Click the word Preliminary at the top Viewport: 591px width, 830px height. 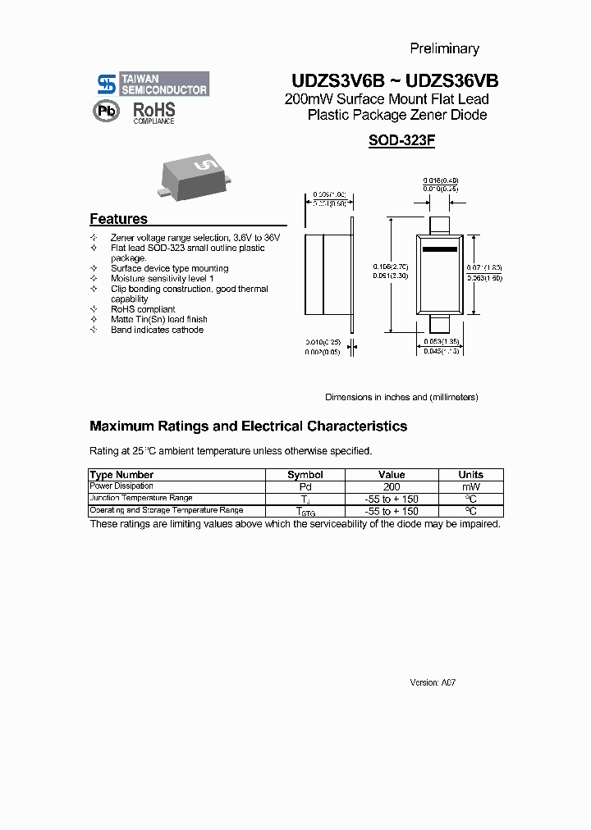pos(444,48)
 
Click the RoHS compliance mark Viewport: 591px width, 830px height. pos(153,112)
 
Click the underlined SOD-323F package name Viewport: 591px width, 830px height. pos(401,140)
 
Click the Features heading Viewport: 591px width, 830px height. pos(118,219)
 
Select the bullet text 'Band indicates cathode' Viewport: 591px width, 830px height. pos(157,330)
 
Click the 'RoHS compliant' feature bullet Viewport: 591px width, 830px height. pos(143,309)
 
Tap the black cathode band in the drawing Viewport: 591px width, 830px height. pos(439,249)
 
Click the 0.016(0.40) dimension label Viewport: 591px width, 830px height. pos(441,180)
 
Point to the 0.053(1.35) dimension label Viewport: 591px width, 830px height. pos(441,341)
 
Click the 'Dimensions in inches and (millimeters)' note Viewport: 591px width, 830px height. pos(401,397)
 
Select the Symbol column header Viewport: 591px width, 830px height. pos(305,475)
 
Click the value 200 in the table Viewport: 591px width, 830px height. pos(392,486)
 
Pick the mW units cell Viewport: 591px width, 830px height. pos(470,486)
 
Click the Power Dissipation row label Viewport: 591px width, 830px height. pos(121,486)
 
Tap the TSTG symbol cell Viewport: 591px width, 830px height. pos(305,511)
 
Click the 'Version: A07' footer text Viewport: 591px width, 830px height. pos(433,682)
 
